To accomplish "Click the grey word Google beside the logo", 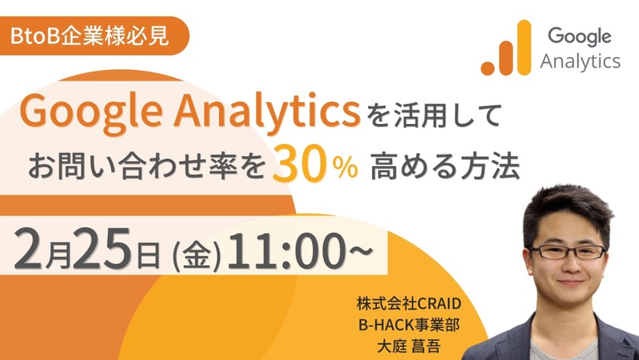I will (x=580, y=36).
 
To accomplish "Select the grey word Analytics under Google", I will (x=580, y=62).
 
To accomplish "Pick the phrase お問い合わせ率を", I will (x=148, y=167).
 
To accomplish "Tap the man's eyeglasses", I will (x=567, y=250).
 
